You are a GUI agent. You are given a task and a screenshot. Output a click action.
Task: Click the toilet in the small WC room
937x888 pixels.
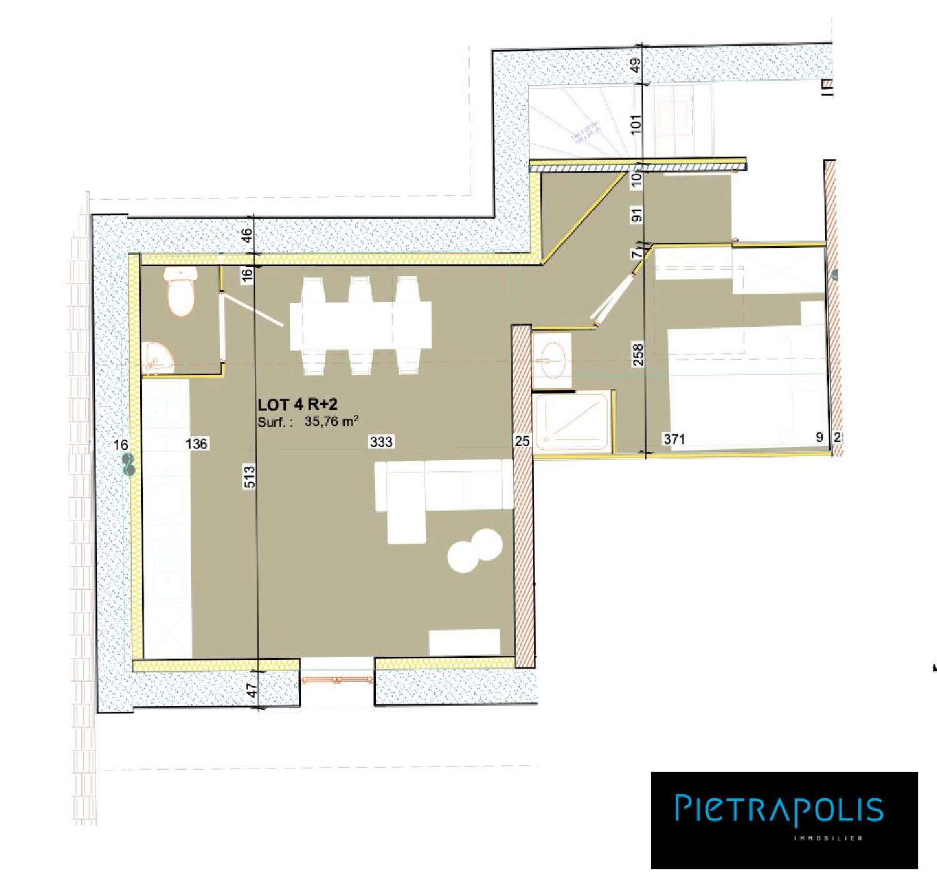[x=182, y=291]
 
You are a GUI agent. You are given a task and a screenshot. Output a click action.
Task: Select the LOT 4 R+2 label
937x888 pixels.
[x=297, y=404]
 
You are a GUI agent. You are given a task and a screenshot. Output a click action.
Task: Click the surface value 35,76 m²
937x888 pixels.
[x=331, y=421]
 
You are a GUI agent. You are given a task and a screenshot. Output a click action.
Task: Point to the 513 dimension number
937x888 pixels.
[x=250, y=477]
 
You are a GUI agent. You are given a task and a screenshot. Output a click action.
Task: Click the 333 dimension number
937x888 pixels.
[x=381, y=442]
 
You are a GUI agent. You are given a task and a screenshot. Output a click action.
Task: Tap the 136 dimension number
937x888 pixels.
[x=197, y=444]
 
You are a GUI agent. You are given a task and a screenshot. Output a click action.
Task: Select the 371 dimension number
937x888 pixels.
[x=675, y=439]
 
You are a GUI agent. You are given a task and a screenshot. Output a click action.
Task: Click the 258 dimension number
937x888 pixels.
[x=638, y=355]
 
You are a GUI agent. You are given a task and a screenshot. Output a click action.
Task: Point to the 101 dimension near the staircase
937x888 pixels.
[x=636, y=124]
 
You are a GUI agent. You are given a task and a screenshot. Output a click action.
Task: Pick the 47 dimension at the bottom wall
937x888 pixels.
[x=251, y=690]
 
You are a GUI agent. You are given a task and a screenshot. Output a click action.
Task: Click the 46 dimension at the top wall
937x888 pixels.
[x=247, y=236]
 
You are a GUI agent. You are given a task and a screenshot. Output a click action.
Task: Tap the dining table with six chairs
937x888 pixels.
[x=360, y=326]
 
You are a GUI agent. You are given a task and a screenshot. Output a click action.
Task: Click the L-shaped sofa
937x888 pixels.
[x=437, y=494]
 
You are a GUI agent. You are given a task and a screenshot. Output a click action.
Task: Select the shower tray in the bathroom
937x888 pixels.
[x=572, y=422]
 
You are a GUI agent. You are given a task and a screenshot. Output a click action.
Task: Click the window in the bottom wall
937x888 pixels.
[x=337, y=679]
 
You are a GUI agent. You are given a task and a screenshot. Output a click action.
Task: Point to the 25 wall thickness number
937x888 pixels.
[x=522, y=441]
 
